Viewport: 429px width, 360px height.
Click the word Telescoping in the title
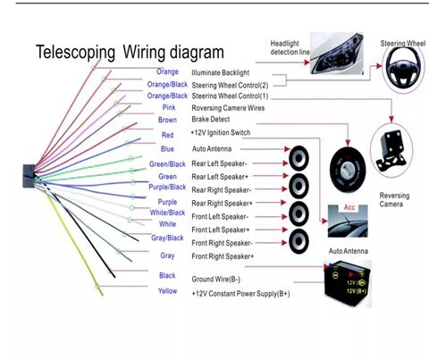pyautogui.click(x=75, y=53)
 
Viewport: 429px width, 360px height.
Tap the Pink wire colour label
pyautogui.click(x=169, y=107)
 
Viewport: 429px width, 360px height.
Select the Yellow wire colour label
pyautogui.click(x=167, y=291)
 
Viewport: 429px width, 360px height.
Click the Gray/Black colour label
pyautogui.click(x=167, y=238)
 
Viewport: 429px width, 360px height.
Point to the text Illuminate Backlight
pyautogui.click(x=220, y=73)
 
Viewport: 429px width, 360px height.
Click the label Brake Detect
pyautogui.click(x=211, y=120)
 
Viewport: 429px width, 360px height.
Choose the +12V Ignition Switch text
pyautogui.click(x=220, y=132)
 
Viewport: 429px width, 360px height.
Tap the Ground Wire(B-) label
pyautogui.click(x=215, y=280)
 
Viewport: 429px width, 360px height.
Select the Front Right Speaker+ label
pyautogui.click(x=223, y=256)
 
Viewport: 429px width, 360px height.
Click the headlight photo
pyautogui.click(x=337, y=54)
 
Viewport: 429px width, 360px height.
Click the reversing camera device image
pyautogui.click(x=391, y=151)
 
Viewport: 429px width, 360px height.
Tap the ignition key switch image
pyautogui.click(x=348, y=170)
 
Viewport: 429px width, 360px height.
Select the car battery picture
pyautogui.click(x=348, y=283)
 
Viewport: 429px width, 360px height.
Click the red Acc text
pyautogui.click(x=349, y=207)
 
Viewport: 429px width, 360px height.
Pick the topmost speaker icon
pyautogui.click(x=299, y=158)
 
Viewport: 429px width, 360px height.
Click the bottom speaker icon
pyautogui.click(x=299, y=241)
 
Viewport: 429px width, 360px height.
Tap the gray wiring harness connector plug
pyautogui.click(x=29, y=176)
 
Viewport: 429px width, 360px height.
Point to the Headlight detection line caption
pyautogui.click(x=290, y=47)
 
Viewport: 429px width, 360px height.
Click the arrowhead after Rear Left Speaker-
pyautogui.click(x=285, y=163)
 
